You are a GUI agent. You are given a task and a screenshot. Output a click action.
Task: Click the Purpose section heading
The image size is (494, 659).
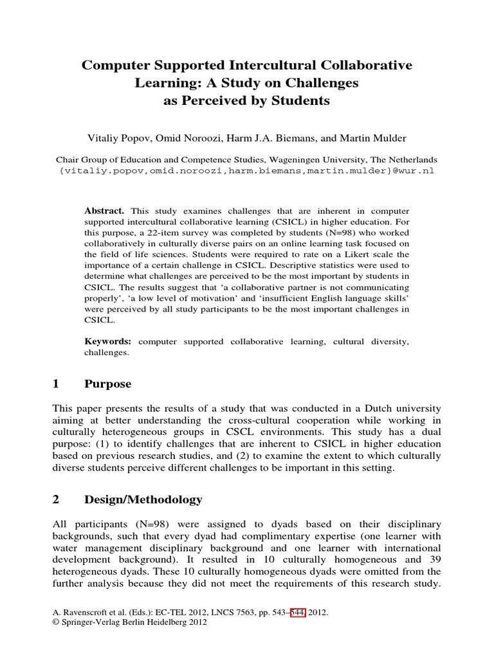(x=107, y=384)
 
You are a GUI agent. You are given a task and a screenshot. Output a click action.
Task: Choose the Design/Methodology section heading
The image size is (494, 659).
(x=143, y=499)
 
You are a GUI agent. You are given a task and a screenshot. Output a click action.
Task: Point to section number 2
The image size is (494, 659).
(x=55, y=499)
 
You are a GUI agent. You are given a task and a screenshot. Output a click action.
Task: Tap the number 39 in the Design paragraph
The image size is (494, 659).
(x=435, y=559)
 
